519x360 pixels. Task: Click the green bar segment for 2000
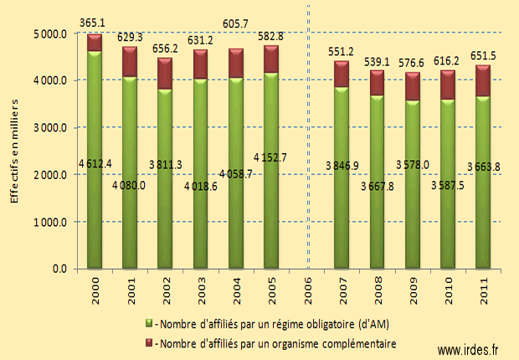95,159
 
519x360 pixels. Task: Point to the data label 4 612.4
95,162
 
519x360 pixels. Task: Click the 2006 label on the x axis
306,289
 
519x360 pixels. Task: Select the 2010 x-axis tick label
447,289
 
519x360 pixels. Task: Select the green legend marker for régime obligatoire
149,323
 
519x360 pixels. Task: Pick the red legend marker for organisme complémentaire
149,342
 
